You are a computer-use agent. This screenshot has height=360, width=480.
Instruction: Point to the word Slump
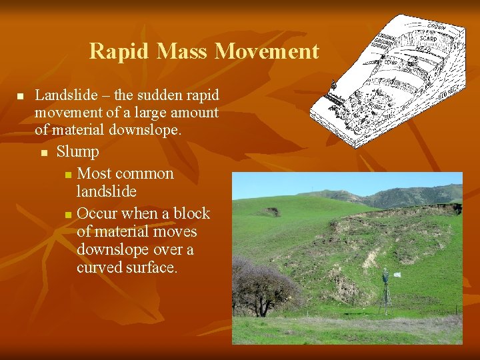point(77,152)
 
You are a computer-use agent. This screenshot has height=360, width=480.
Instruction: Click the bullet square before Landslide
point(20,97)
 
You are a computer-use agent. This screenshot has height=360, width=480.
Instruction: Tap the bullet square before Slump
point(43,153)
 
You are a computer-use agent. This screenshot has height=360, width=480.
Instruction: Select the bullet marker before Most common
point(67,175)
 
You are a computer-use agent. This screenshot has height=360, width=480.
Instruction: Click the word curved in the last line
point(98,268)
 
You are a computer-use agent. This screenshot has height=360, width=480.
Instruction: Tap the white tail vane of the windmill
point(397,275)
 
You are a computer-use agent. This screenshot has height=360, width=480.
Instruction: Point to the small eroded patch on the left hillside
point(271,212)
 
